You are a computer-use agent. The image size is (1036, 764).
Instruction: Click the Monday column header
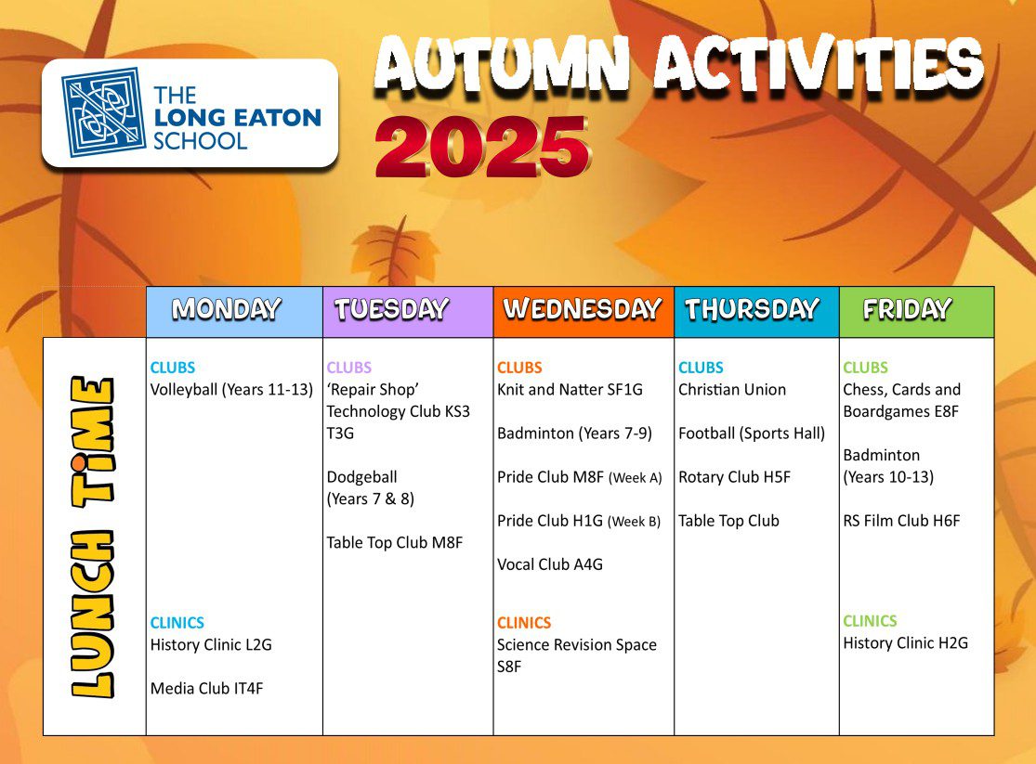(x=227, y=309)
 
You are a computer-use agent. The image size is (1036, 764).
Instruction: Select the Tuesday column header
(x=392, y=309)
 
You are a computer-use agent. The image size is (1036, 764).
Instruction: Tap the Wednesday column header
(x=582, y=309)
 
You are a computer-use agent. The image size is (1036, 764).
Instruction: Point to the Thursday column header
(x=752, y=309)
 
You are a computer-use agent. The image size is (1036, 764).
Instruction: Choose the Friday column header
(x=907, y=309)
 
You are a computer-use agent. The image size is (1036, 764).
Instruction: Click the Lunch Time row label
(x=93, y=537)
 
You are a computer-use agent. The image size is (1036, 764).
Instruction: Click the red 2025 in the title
(x=481, y=147)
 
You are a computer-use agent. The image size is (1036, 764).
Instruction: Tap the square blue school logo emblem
(x=103, y=111)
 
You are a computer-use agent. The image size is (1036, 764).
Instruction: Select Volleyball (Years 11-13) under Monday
(x=231, y=390)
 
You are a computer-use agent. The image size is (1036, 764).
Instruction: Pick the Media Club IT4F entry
(x=207, y=689)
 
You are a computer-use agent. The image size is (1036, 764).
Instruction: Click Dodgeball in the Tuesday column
(x=362, y=477)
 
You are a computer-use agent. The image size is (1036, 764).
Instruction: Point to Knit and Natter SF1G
(x=570, y=390)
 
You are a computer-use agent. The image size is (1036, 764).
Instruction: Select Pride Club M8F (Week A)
(x=580, y=477)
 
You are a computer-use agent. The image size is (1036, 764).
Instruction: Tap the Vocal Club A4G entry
(x=550, y=564)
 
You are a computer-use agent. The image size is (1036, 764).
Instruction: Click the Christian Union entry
(x=732, y=390)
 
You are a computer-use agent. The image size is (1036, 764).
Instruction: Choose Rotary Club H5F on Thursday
(x=734, y=477)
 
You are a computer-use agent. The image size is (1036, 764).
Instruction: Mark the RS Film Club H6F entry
(x=901, y=521)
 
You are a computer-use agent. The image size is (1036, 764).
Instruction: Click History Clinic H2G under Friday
(x=905, y=643)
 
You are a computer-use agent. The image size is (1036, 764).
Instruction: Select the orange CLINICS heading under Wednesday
(x=524, y=623)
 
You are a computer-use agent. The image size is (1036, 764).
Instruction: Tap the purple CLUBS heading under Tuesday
(x=348, y=367)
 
